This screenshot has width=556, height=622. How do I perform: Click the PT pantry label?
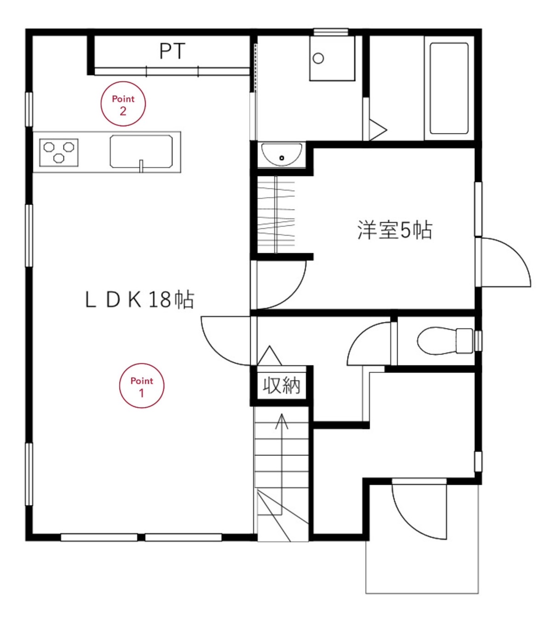point(172,51)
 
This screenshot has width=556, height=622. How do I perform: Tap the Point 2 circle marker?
point(123,104)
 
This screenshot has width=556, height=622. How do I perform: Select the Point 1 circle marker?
point(142,386)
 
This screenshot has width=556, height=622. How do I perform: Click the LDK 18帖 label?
point(140,300)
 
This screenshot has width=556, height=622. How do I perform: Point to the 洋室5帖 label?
point(395,230)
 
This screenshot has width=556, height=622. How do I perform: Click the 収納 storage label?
point(282,385)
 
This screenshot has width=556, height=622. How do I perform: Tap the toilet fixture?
point(445,341)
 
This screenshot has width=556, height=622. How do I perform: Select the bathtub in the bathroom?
point(449,88)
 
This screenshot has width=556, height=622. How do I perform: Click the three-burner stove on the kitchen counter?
point(59,153)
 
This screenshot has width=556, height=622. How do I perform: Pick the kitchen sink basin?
point(141,151)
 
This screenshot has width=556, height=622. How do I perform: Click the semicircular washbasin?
point(281,154)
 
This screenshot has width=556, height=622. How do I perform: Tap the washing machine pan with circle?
point(332,58)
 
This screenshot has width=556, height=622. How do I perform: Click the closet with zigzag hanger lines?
point(276,215)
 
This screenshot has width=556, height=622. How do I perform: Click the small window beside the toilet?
point(478,341)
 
